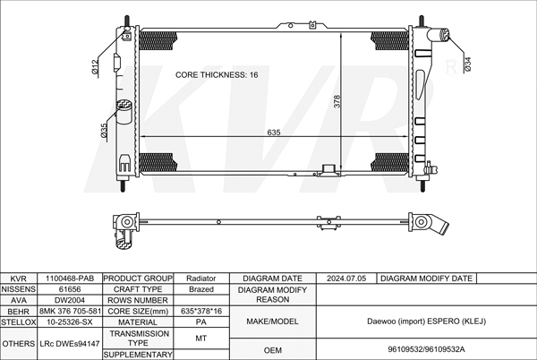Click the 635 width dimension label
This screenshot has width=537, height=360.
(x=274, y=133)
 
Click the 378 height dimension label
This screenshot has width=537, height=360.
(x=337, y=101)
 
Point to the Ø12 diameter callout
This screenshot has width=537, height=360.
(x=95, y=66)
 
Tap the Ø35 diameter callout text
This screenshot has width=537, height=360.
(x=104, y=131)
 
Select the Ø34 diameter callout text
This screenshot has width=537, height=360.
(x=468, y=64)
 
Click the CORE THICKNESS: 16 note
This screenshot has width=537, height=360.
(x=217, y=75)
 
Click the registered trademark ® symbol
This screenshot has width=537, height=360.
(x=452, y=67)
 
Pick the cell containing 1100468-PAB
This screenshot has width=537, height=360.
(x=70, y=279)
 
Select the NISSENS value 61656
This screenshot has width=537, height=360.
(x=70, y=289)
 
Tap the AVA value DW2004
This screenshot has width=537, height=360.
(x=70, y=300)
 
